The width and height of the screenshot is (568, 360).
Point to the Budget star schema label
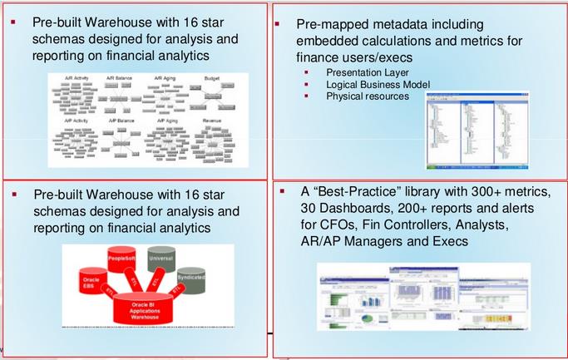coord(212,78)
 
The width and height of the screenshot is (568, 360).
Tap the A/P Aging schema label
coord(167,121)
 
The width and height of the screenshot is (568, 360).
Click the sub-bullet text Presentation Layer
coord(362,72)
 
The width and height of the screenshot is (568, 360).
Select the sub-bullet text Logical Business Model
coord(373,84)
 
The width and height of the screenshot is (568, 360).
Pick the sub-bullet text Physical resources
coord(367,96)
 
